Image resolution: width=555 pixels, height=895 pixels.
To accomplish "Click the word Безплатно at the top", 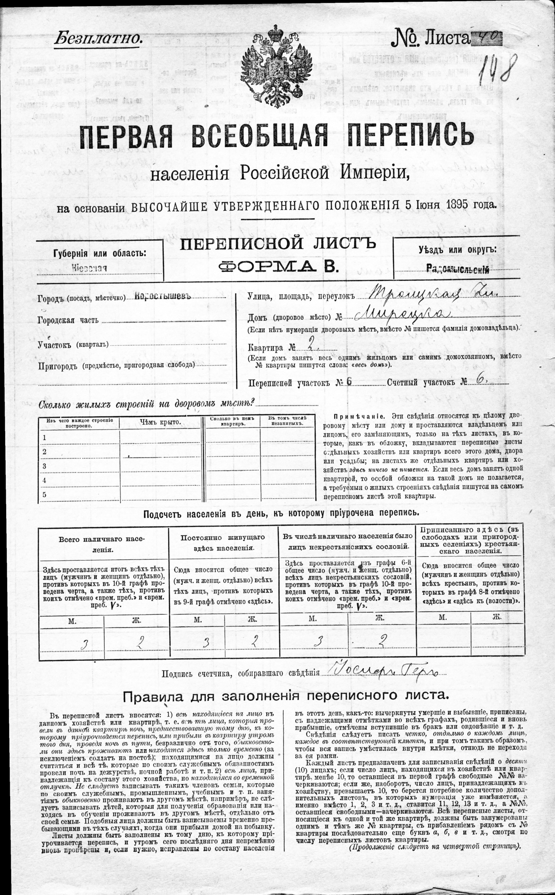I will pyautogui.click(x=98, y=38).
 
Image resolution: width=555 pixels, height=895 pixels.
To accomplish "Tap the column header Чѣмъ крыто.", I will pyautogui.click(x=161, y=422).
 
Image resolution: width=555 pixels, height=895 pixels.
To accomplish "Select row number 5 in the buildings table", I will pyautogui.click(x=44, y=494).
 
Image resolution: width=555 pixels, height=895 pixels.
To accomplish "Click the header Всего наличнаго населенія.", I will pyautogui.click(x=102, y=544).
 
